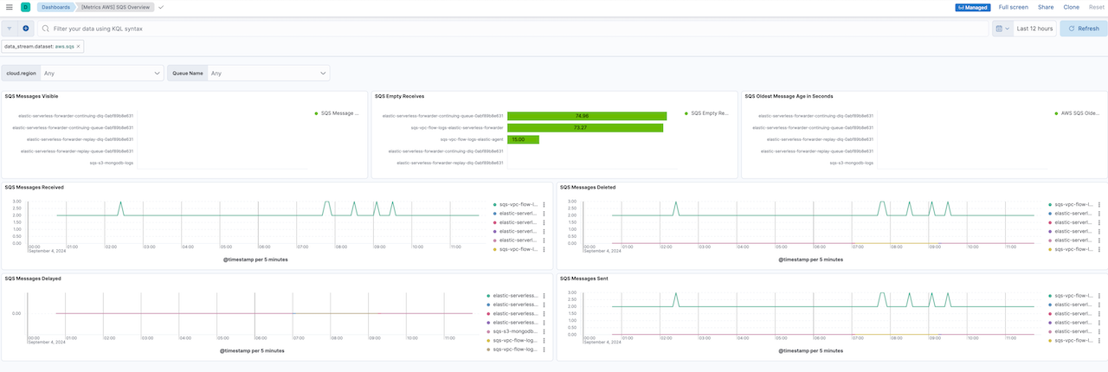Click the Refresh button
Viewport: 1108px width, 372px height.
pos(1083,29)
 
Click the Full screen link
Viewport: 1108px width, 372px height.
pos(1013,7)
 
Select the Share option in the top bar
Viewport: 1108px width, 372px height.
pos(1046,7)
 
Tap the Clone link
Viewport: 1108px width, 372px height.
pos(1071,7)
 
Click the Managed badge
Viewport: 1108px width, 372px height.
pos(973,7)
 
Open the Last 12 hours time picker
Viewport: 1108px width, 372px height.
pos(1034,29)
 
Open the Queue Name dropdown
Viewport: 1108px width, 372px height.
pos(268,74)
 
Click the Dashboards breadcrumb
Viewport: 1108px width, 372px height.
pos(56,7)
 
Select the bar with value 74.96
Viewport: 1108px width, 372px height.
pos(586,115)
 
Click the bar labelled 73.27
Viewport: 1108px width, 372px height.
pos(584,127)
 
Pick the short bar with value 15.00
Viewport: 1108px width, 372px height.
pos(523,138)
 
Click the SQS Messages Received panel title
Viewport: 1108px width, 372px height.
pos(34,187)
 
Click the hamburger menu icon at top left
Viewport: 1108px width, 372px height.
pos(9,7)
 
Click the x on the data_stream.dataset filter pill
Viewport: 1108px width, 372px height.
pos(78,47)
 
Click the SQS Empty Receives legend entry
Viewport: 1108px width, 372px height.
pos(709,112)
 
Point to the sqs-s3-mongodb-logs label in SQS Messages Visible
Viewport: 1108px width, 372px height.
pos(112,163)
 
